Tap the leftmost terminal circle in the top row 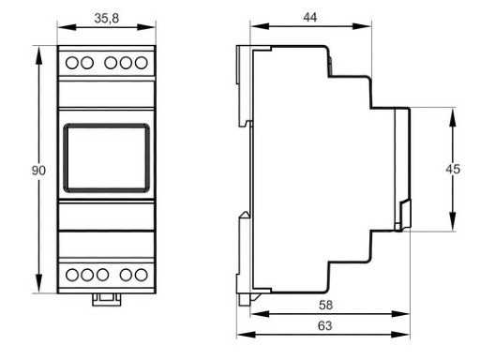pos(71,64)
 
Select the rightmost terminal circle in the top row pos(142,64)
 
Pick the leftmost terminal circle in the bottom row pos(71,276)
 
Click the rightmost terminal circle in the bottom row pos(142,276)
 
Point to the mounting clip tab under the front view pos(106,300)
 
